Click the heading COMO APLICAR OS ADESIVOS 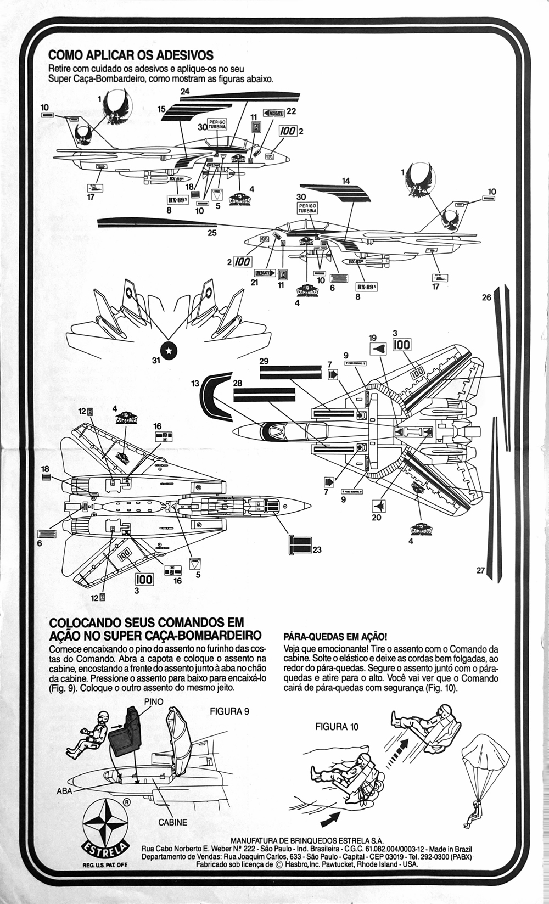pos(131,55)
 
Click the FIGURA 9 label pos(229,711)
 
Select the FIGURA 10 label pos(337,726)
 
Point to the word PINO pos(154,701)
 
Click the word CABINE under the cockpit pos(172,822)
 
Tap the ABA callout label pos(64,791)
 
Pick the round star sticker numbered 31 pos(169,350)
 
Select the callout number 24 pos(185,91)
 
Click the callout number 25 pos(212,233)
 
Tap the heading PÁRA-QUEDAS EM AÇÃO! pos(335,637)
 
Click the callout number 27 pos(480,570)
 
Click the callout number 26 pos(486,297)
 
